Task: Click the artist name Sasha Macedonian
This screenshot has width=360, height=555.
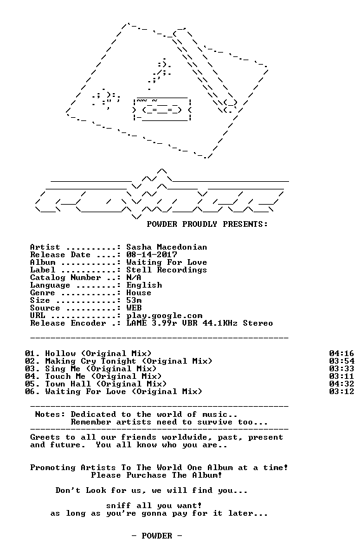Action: click(x=167, y=247)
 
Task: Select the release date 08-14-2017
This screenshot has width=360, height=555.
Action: click(x=151, y=255)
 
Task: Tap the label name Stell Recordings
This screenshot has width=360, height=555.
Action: click(x=167, y=270)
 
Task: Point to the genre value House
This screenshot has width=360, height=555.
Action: click(x=139, y=293)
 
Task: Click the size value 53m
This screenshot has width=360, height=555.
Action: click(x=134, y=300)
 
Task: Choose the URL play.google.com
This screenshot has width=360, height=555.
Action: click(x=164, y=316)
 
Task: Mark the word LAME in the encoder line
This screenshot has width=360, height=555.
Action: click(x=136, y=323)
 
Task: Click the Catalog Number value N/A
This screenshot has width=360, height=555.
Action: click(x=134, y=277)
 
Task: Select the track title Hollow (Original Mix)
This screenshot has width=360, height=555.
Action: click(x=98, y=354)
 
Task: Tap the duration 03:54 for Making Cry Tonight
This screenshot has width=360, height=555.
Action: click(x=342, y=361)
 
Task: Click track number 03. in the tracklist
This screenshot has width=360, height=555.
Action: click(x=32, y=369)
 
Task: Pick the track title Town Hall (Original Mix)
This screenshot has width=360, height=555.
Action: click(x=106, y=384)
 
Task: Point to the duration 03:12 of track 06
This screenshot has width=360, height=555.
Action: click(x=342, y=392)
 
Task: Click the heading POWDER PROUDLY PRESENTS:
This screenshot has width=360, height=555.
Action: click(x=207, y=224)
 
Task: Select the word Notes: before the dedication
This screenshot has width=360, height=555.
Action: click(x=50, y=414)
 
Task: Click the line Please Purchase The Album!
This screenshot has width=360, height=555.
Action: click(x=157, y=475)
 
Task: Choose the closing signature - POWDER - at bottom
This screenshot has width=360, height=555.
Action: click(x=157, y=536)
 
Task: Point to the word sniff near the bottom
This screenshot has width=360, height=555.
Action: click(x=119, y=506)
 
